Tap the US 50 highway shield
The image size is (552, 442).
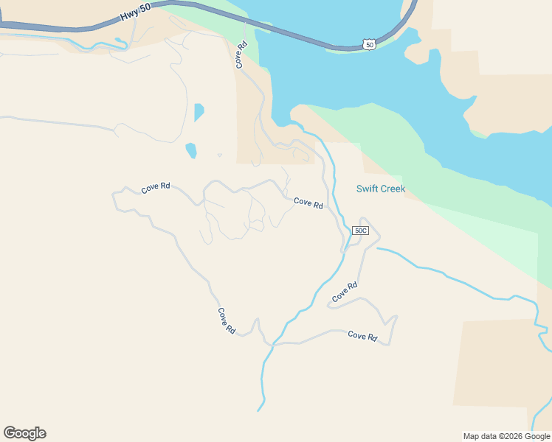click(x=370, y=45)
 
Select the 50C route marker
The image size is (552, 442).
click(x=359, y=231)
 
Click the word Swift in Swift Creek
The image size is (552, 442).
click(x=368, y=189)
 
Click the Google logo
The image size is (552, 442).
click(x=24, y=433)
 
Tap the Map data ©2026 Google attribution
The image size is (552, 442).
click(x=506, y=436)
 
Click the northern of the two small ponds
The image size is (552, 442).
click(x=198, y=112)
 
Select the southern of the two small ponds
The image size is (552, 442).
click(x=191, y=150)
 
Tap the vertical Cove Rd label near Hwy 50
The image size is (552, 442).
click(x=241, y=55)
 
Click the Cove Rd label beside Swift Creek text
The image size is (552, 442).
click(x=308, y=203)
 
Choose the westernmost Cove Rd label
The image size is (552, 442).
click(x=156, y=188)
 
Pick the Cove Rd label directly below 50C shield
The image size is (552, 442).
click(x=345, y=292)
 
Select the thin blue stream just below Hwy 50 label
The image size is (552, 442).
click(x=103, y=48)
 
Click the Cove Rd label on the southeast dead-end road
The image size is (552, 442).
click(x=362, y=336)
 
